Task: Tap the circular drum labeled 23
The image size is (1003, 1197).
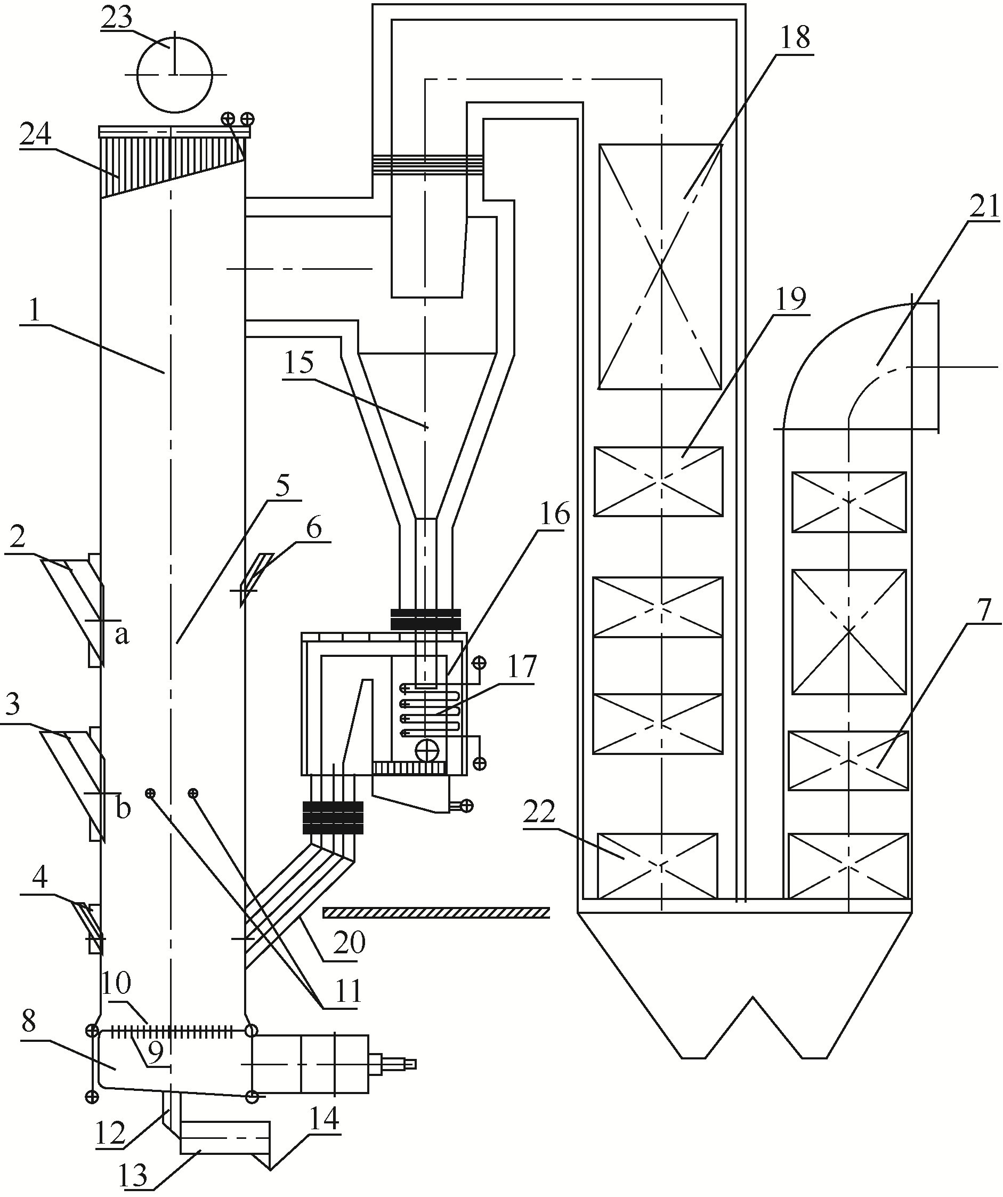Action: (174, 74)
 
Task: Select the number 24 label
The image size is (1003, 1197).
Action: (36, 134)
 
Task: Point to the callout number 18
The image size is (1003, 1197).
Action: (795, 38)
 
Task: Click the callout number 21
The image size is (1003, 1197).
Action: (984, 207)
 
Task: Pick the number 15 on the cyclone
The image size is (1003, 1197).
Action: (298, 363)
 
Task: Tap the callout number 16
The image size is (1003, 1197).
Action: (554, 514)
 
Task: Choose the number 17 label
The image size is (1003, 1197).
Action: (522, 666)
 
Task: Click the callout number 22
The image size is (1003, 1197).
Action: (540, 811)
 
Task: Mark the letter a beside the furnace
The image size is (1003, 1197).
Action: (122, 635)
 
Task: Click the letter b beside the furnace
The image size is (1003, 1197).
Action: (123, 808)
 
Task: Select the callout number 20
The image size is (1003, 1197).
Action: (349, 943)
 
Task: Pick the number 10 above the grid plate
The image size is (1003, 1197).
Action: (116, 982)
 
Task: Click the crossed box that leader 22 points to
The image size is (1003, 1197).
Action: (658, 865)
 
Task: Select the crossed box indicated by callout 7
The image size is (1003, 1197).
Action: (848, 760)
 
